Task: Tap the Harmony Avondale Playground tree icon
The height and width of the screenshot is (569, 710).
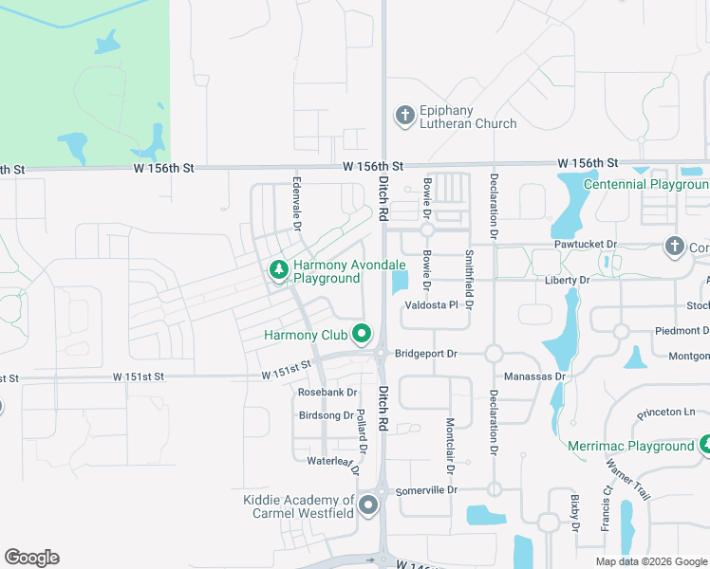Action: click(278, 271)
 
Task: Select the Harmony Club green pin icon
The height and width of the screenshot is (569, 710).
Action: click(361, 334)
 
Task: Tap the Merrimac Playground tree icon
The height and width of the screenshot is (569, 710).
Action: click(705, 443)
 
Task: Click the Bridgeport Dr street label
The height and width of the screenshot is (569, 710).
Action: click(426, 354)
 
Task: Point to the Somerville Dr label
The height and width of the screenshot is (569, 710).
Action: click(427, 490)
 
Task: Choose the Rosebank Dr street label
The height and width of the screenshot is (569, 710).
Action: click(327, 392)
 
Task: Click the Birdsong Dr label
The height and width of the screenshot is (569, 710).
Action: click(326, 415)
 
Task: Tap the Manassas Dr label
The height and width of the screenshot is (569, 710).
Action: click(534, 376)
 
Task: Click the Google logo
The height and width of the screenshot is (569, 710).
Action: click(31, 558)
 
